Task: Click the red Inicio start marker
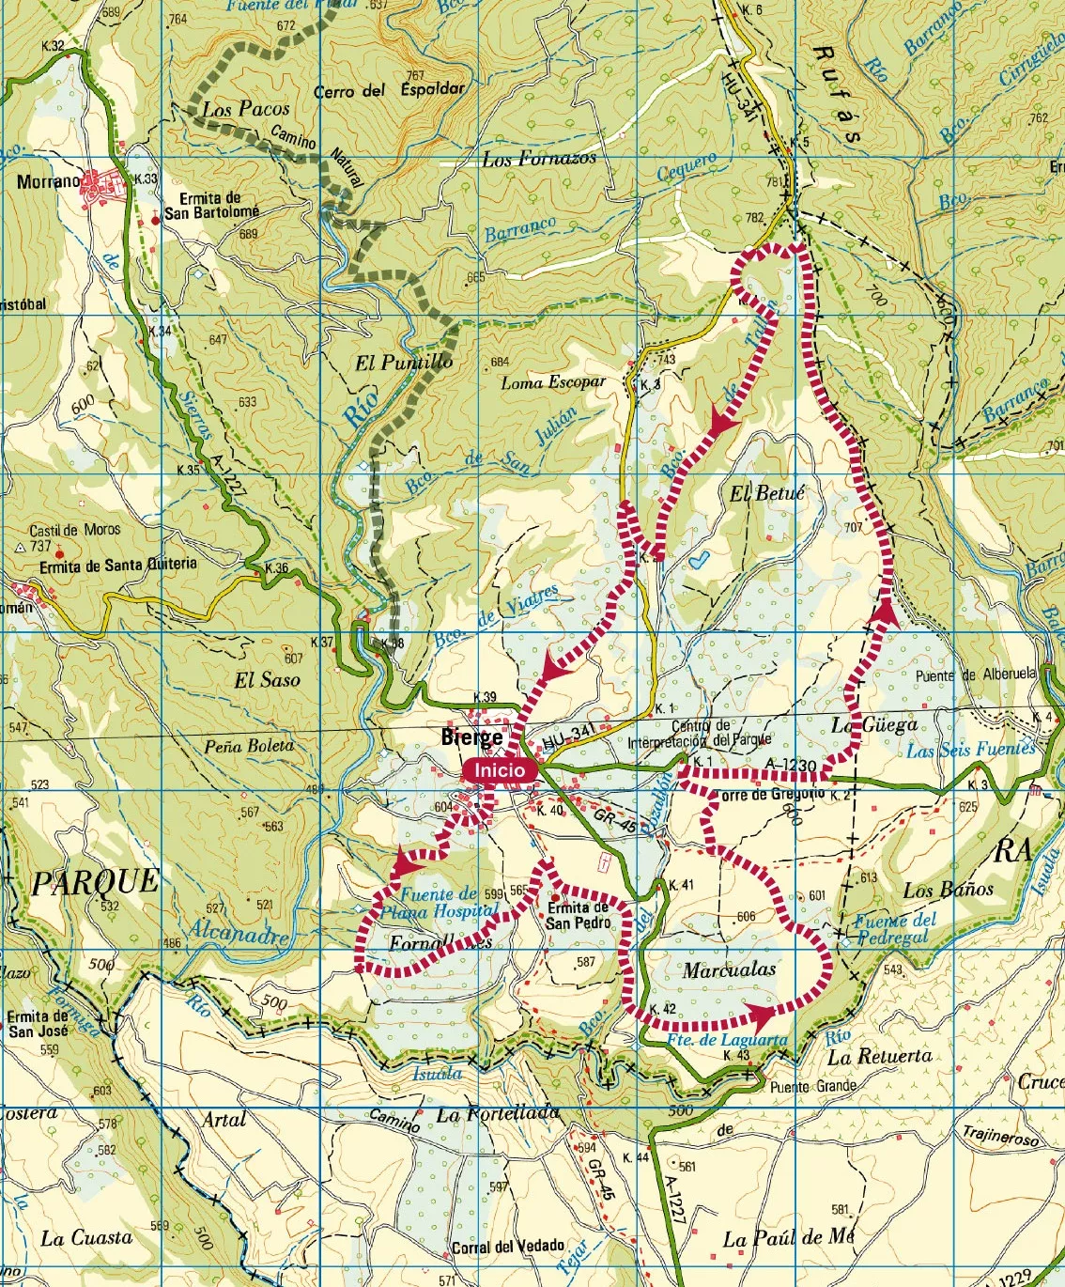[500, 770]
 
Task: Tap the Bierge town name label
[471, 737]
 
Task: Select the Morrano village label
[48, 181]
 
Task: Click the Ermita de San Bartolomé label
[211, 206]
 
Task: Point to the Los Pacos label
[246, 109]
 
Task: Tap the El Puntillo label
[404, 362]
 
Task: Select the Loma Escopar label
[552, 382]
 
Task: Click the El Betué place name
[766, 493]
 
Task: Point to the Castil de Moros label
[74, 530]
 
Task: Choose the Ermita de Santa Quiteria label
[118, 565]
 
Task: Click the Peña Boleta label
[249, 746]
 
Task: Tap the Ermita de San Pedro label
[578, 916]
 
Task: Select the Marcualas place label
[729, 969]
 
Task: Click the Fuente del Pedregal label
[895, 929]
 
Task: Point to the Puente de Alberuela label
[976, 675]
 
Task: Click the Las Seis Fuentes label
[970, 750]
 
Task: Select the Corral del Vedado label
[508, 1248]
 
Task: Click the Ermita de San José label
[37, 1024]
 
